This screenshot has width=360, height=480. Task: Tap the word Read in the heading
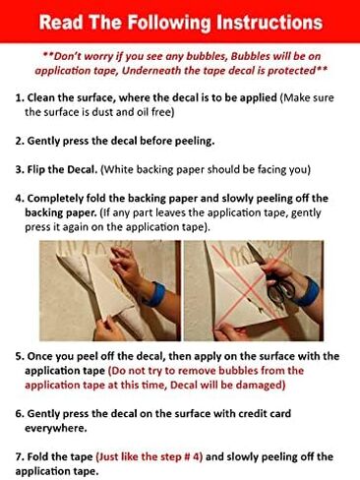pos(61,23)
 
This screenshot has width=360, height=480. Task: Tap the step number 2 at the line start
pos(19,141)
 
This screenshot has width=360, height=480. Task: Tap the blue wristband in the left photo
pos(156,294)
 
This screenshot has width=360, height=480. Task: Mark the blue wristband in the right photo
pos(307,291)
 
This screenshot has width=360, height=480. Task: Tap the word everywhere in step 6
pos(56,428)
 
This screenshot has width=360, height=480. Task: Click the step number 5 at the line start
pos(19,356)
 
